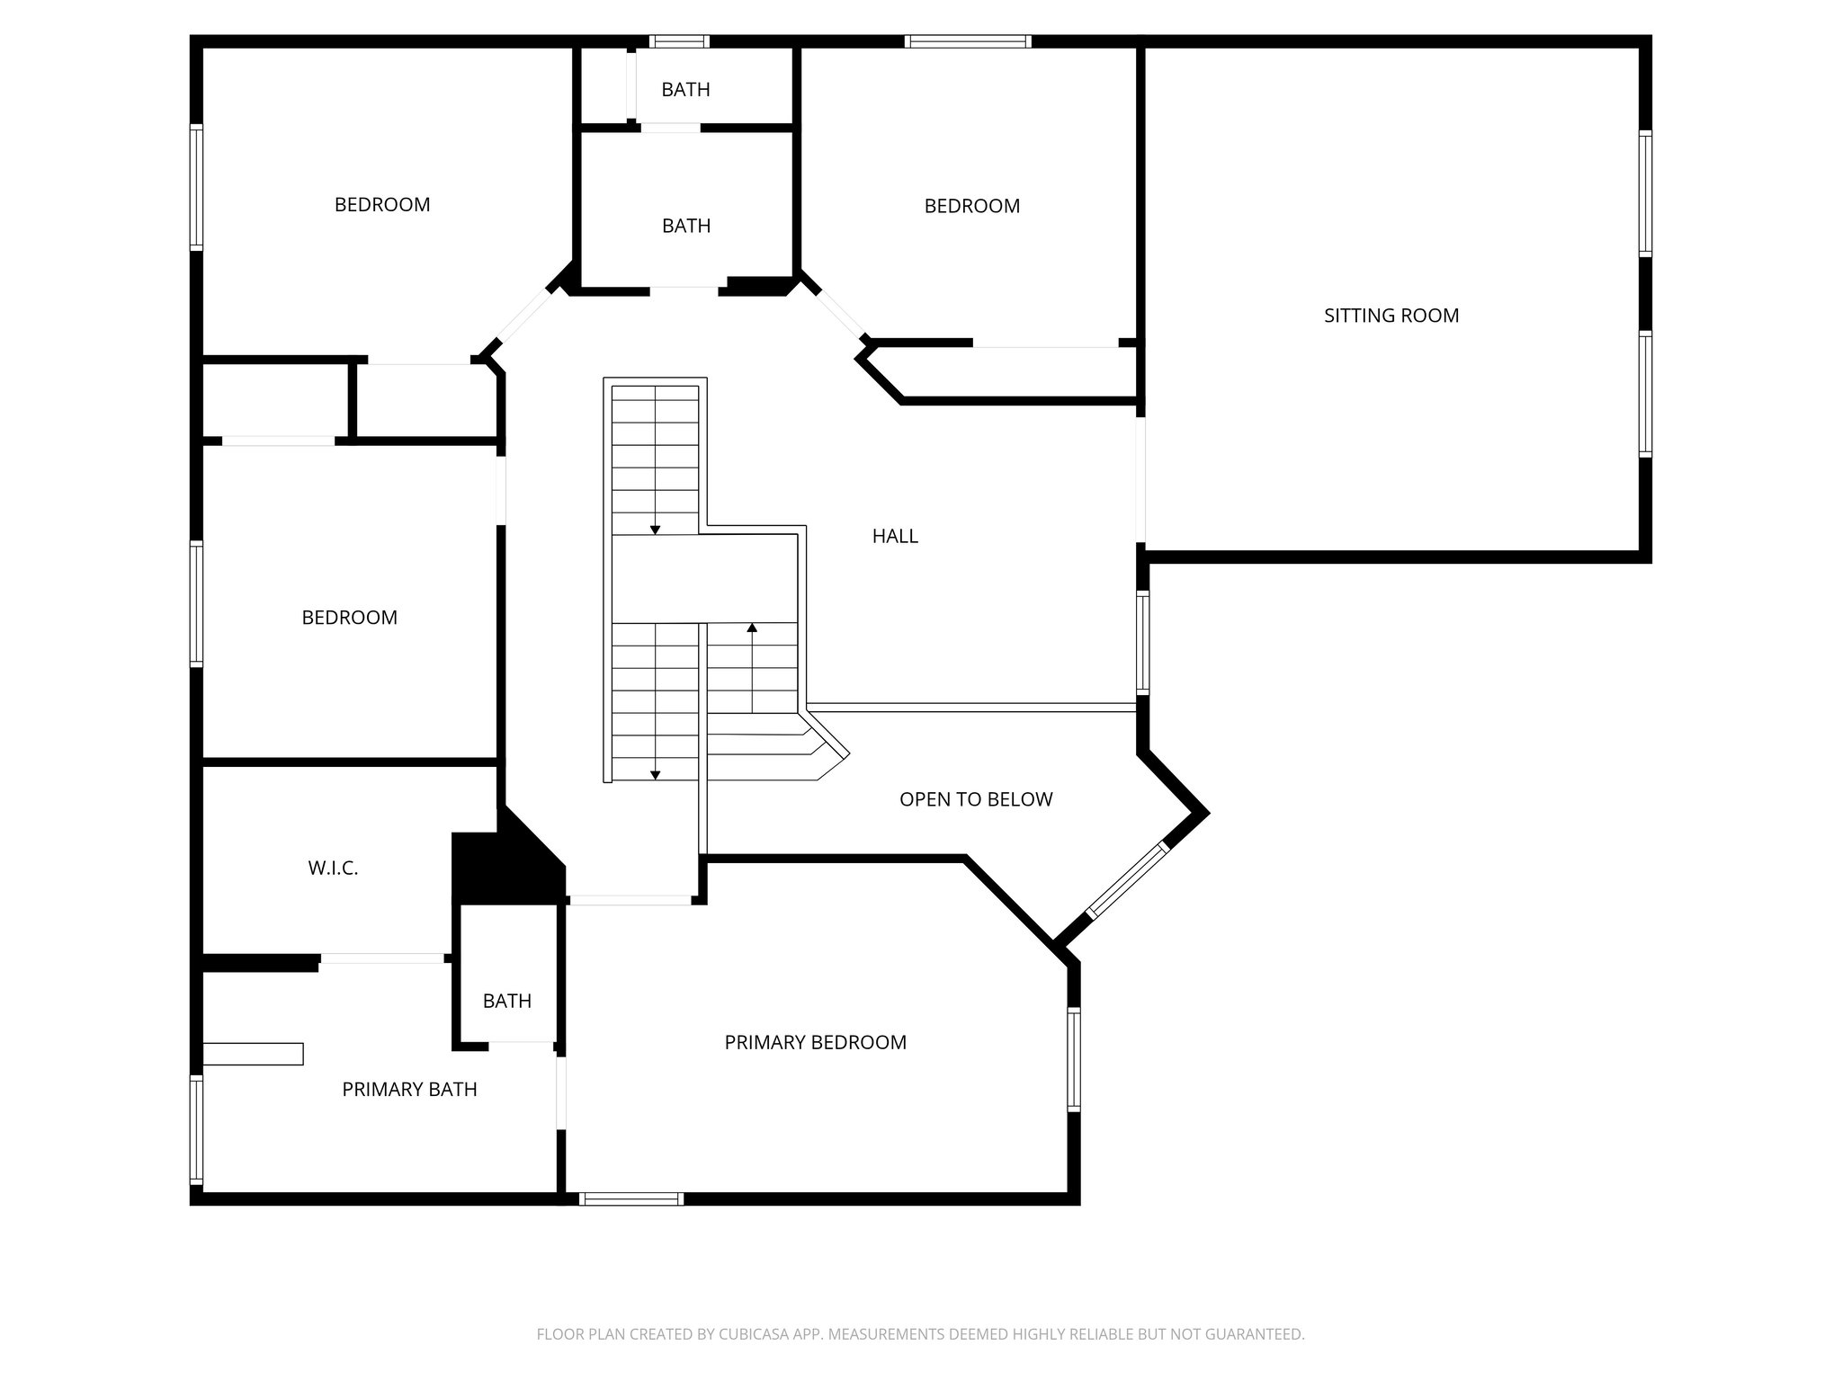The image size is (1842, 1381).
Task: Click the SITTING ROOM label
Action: tap(1390, 316)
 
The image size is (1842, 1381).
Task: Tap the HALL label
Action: tap(895, 536)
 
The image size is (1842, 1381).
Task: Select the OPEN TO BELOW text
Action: tap(976, 799)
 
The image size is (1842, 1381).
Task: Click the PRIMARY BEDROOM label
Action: tap(815, 1042)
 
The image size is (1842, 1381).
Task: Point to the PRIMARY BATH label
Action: tap(409, 1089)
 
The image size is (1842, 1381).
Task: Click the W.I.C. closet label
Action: tap(333, 869)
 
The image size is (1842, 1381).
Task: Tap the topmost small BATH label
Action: tap(685, 89)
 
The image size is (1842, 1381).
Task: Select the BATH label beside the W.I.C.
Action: tap(506, 1001)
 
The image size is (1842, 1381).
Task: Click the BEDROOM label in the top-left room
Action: tap(382, 205)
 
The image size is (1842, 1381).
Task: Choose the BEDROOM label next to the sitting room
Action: tap(971, 206)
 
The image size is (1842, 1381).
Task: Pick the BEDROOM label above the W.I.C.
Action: tap(349, 618)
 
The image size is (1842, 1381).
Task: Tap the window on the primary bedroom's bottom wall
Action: tap(631, 1198)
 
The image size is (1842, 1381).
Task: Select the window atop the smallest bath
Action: tap(679, 40)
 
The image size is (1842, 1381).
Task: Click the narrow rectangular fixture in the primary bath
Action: tap(253, 1053)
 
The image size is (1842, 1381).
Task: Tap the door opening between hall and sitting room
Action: tap(1140, 480)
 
